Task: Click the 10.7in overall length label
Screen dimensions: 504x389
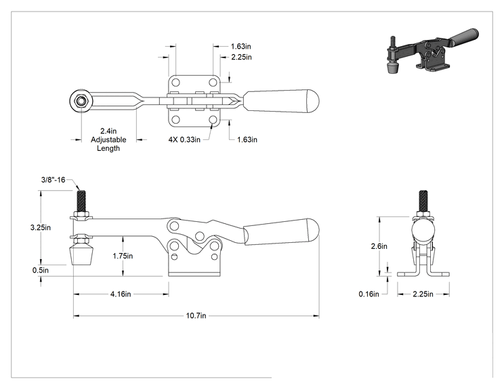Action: pos(196,315)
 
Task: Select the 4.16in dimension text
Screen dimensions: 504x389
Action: pos(121,294)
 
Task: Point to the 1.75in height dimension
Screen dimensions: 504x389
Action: pos(123,256)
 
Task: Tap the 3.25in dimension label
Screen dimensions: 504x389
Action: pos(41,227)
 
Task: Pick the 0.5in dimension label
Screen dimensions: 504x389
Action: pos(41,270)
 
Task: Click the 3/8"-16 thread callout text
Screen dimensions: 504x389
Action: pos(53,180)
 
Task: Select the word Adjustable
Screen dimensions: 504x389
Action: pos(108,139)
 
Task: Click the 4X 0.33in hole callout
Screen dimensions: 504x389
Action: pos(184,139)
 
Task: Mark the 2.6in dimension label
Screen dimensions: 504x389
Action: pos(379,246)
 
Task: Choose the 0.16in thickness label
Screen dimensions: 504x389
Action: pos(369,294)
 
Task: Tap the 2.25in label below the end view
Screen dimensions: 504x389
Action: pos(423,294)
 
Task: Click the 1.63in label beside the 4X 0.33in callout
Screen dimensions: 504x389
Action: pos(247,139)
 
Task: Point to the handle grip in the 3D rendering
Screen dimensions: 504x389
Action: pos(465,37)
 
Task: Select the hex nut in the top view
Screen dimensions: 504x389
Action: pos(81,101)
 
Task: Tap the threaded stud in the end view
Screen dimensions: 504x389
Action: pos(423,201)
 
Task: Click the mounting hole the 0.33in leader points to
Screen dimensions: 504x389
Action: pos(213,120)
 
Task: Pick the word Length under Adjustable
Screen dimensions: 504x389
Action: pos(108,148)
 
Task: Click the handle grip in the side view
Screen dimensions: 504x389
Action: pos(281,232)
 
